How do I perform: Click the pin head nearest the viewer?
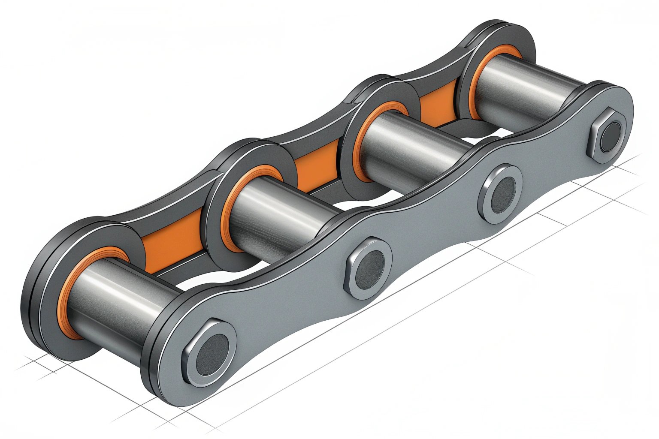(210, 352)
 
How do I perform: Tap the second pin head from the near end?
(369, 269)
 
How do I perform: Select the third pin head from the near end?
(500, 194)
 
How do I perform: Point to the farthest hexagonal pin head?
(608, 136)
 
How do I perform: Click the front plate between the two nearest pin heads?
(292, 309)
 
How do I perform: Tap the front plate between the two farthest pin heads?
(553, 163)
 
